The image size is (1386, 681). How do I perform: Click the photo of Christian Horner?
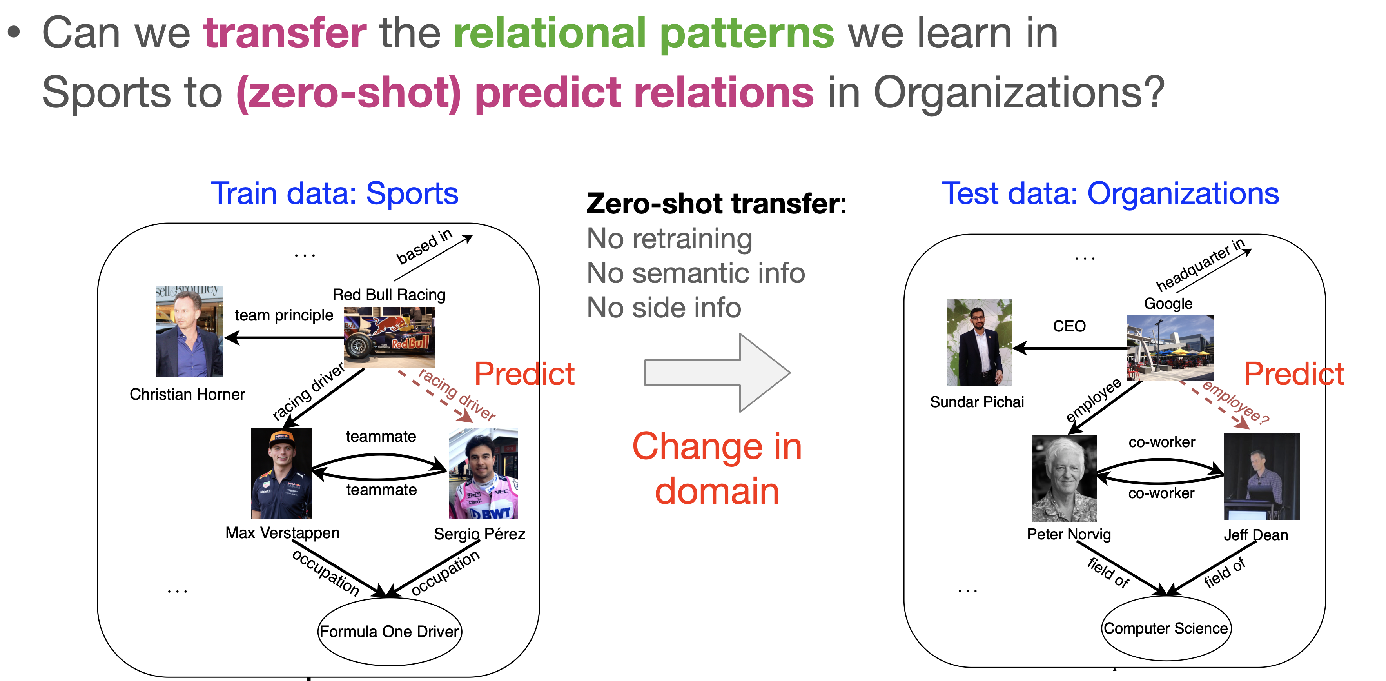pyautogui.click(x=189, y=331)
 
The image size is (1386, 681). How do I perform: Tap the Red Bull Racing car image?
pyautogui.click(x=389, y=337)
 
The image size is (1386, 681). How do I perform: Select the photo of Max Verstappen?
pyautogui.click(x=281, y=473)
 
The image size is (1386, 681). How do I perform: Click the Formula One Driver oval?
pyautogui.click(x=390, y=631)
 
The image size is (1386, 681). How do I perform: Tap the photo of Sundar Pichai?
pyautogui.click(x=979, y=342)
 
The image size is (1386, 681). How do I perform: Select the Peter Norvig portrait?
pyautogui.click(x=1064, y=478)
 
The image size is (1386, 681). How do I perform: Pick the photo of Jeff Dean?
pyautogui.click(x=1261, y=477)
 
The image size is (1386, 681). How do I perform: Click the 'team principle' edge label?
pyautogui.click(x=283, y=315)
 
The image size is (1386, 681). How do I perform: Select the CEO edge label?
pyautogui.click(x=1069, y=326)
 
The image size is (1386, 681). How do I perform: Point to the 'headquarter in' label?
pyautogui.click(x=1200, y=265)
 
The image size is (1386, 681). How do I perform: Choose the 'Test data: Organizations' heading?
pyautogui.click(x=1110, y=193)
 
